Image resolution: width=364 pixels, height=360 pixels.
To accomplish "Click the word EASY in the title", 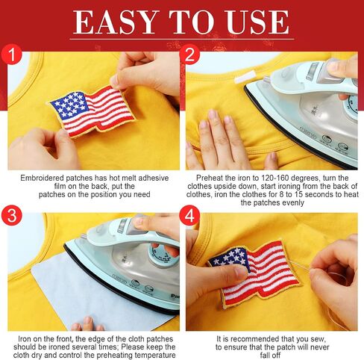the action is click(116, 22).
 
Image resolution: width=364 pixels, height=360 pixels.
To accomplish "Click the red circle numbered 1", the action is click(11, 55).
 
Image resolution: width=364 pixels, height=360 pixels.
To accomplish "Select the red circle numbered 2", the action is click(189, 55).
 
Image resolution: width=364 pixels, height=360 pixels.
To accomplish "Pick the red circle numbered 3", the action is click(11, 215).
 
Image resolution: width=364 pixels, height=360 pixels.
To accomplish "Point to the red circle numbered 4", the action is click(189, 215).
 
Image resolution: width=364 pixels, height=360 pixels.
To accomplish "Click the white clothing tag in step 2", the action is click(245, 77).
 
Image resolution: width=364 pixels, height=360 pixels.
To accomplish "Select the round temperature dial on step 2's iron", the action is click(351, 105).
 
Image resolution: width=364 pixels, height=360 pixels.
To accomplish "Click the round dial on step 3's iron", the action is click(163, 257).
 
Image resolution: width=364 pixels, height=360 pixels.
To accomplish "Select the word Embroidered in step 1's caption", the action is click(42, 178).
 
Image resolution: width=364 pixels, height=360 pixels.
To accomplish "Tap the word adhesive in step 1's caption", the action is click(154, 178).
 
